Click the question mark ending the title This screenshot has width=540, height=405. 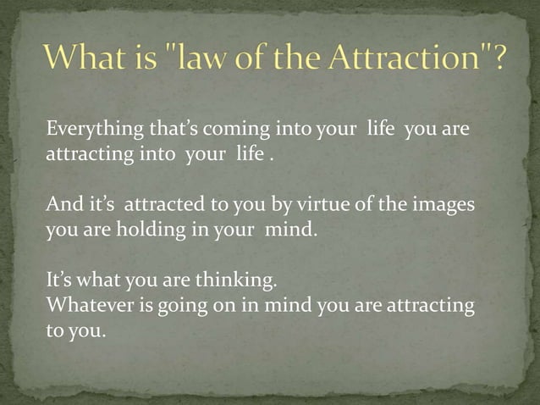click(x=500, y=62)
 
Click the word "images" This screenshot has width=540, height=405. click(x=446, y=206)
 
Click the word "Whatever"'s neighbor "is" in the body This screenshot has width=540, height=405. click(x=139, y=307)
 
